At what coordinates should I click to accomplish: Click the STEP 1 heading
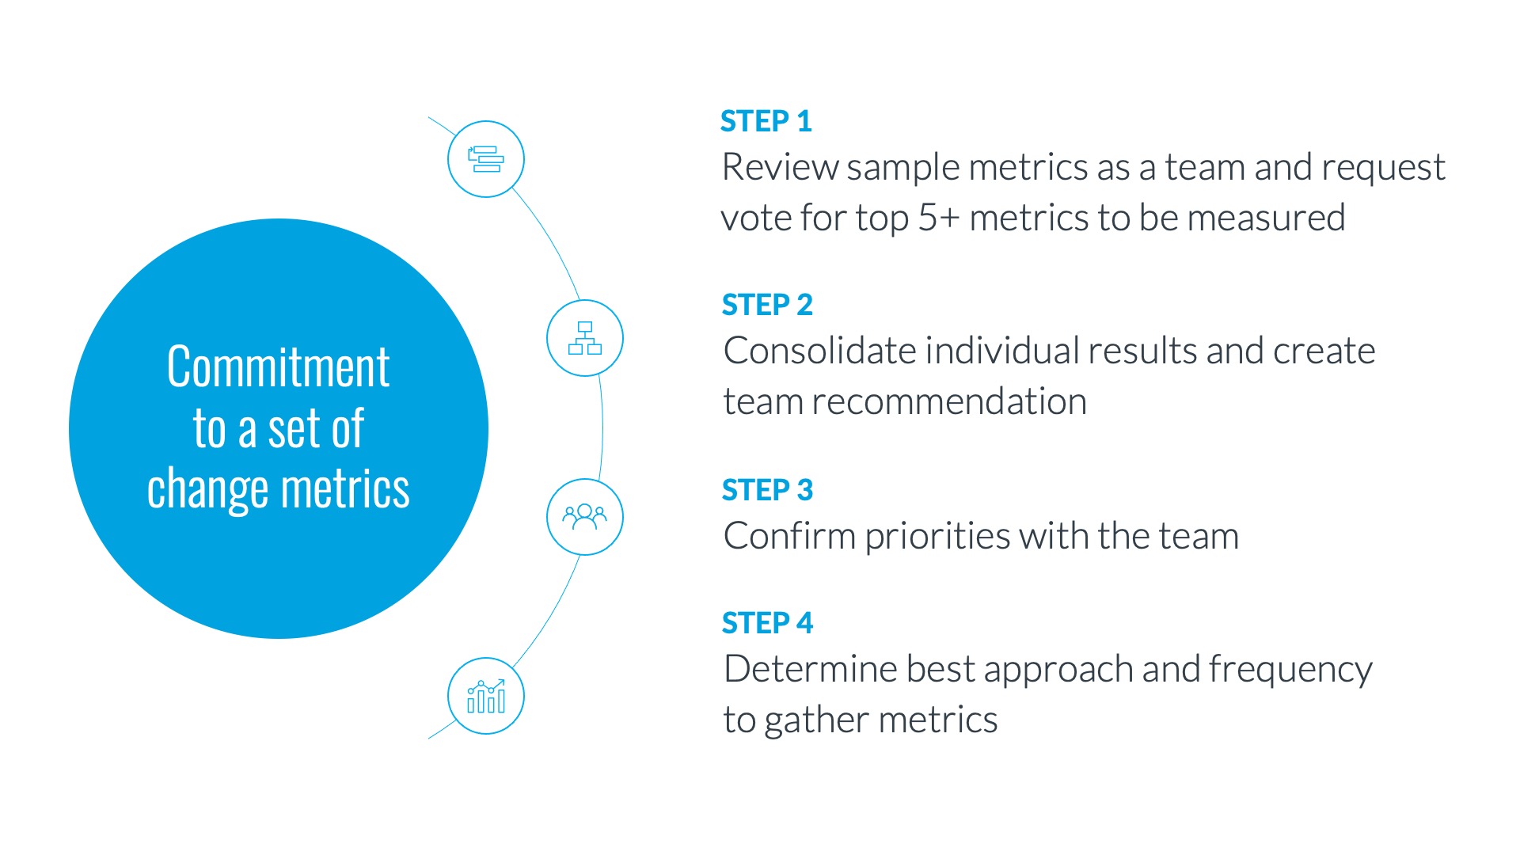pyautogui.click(x=766, y=121)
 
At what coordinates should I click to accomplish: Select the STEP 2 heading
pyautogui.click(x=767, y=305)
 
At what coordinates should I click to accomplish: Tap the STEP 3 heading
pyautogui.click(x=767, y=490)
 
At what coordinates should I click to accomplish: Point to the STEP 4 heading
pyautogui.click(x=767, y=623)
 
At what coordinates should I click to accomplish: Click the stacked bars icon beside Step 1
pyautogui.click(x=486, y=159)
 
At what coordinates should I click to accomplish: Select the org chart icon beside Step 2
pyautogui.click(x=585, y=338)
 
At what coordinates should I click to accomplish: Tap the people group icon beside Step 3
pyautogui.click(x=585, y=517)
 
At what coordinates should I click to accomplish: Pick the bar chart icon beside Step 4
pyautogui.click(x=486, y=696)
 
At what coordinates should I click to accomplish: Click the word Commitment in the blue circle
pyautogui.click(x=279, y=367)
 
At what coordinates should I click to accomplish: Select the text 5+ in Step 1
pyautogui.click(x=938, y=218)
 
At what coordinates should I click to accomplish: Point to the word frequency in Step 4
pyautogui.click(x=1290, y=671)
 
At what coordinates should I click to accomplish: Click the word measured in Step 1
pyautogui.click(x=1267, y=218)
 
